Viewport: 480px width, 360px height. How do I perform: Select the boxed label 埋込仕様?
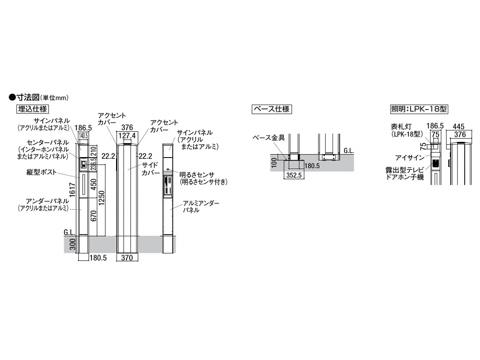(33, 109)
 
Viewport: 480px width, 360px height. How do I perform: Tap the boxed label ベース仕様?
(272, 109)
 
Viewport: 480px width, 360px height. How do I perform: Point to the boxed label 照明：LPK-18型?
(419, 109)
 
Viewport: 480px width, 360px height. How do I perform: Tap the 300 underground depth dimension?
(73, 245)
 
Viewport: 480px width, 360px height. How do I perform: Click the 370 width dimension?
(128, 258)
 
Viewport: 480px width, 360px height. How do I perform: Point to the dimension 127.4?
(127, 136)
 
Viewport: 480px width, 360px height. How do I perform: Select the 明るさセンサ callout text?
(197, 174)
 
